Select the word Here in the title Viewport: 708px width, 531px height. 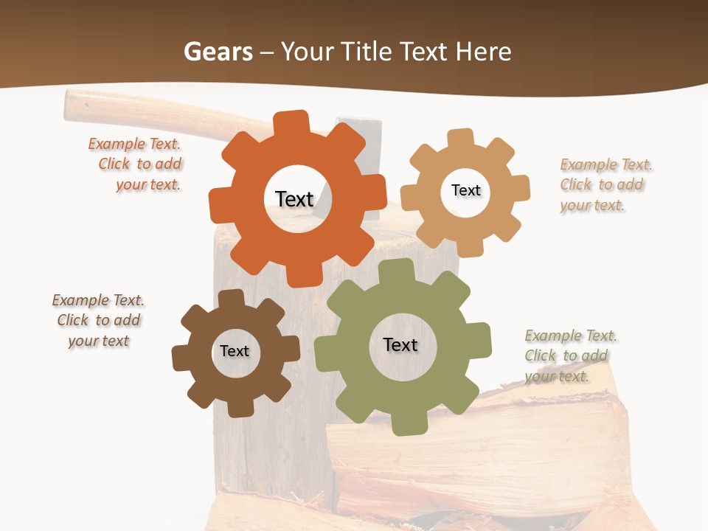click(483, 52)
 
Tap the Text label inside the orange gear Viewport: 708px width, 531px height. click(294, 199)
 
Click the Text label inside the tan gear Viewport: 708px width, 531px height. click(465, 190)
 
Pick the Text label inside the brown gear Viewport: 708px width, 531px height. click(235, 351)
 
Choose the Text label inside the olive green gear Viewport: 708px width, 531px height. click(400, 344)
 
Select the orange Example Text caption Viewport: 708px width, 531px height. click(136, 164)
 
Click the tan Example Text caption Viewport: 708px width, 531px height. click(605, 185)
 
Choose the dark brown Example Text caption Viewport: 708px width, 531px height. click(98, 321)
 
